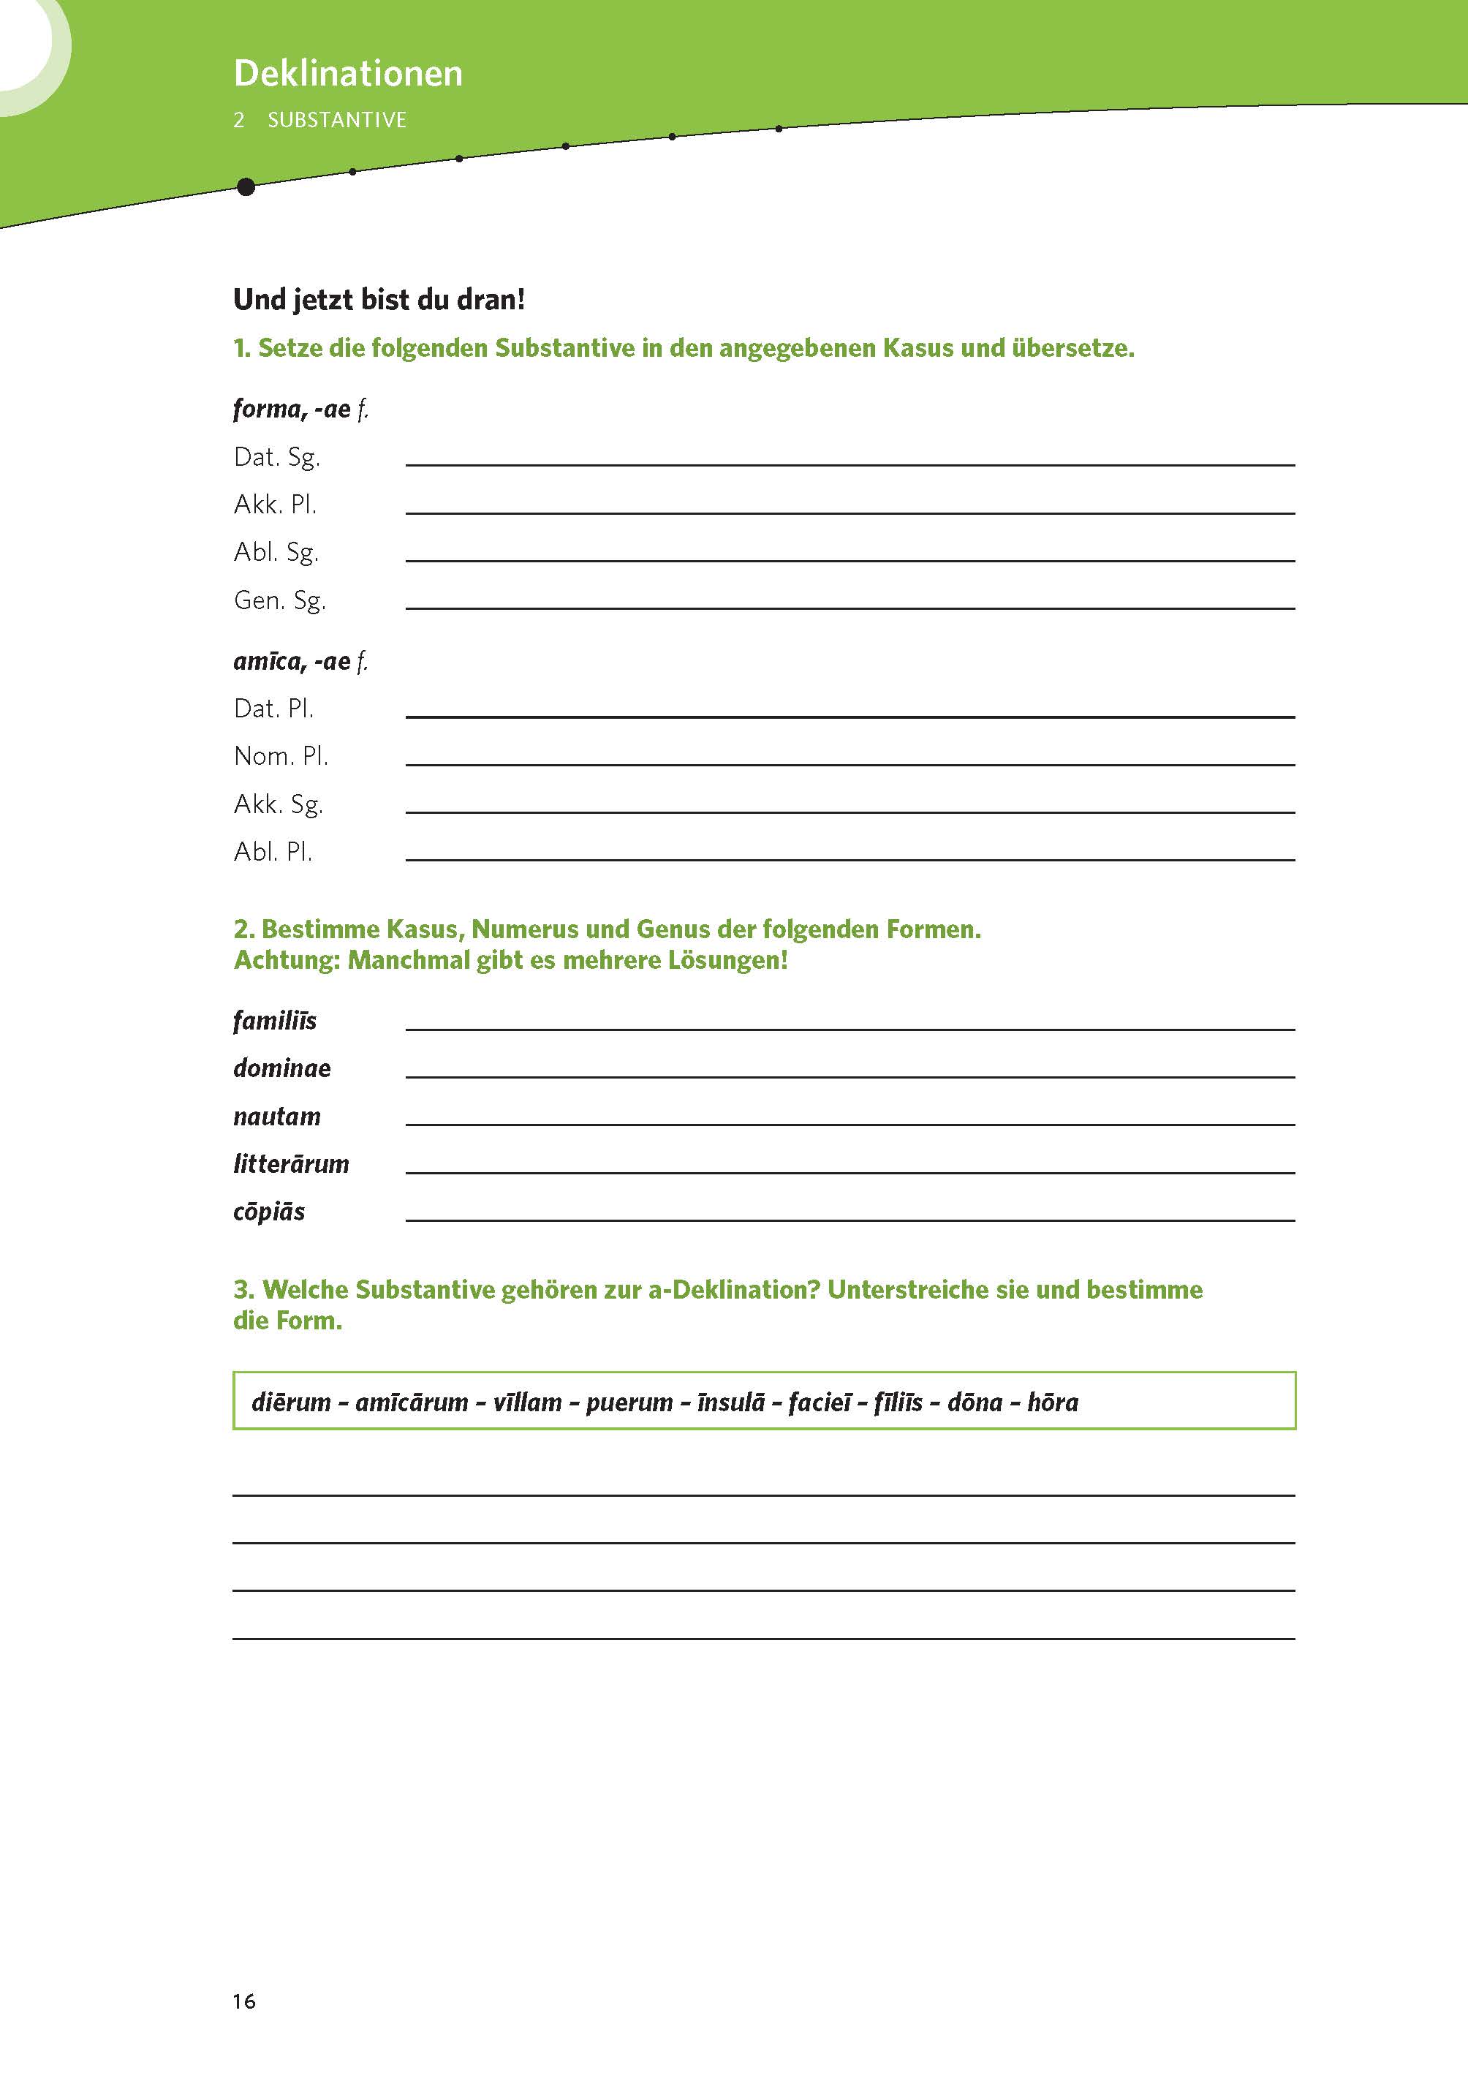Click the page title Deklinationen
click(x=348, y=73)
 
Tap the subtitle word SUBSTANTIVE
click(x=336, y=120)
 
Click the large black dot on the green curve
click(x=245, y=187)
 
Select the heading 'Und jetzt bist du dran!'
click(x=379, y=299)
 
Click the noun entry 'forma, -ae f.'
click(x=300, y=409)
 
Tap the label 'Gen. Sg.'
click(x=279, y=600)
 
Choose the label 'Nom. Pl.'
click(x=280, y=756)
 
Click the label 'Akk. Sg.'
click(x=278, y=804)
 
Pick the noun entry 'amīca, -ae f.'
click(x=300, y=661)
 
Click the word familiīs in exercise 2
click(x=275, y=1021)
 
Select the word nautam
click(x=276, y=1117)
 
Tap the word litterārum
click(x=291, y=1163)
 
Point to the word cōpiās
click(x=268, y=1212)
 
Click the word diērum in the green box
click(x=291, y=1402)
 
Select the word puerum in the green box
click(x=629, y=1402)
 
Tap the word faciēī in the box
click(x=820, y=1402)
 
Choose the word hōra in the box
click(x=1053, y=1402)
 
